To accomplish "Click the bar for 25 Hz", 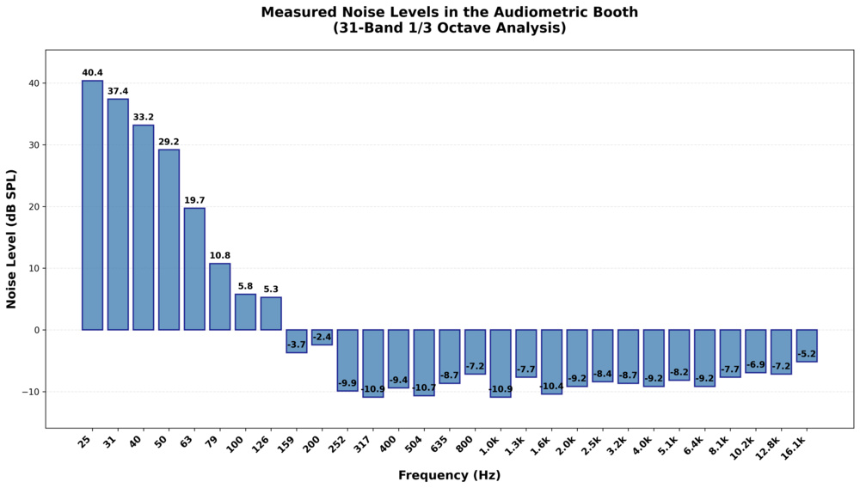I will pyautogui.click(x=92, y=205).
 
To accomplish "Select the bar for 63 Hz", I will pyautogui.click(x=194, y=269).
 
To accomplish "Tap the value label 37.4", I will pyautogui.click(x=118, y=91).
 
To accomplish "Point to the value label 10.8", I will pyautogui.click(x=219, y=255).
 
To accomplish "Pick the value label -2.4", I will pyautogui.click(x=322, y=338).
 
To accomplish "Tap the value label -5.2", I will pyautogui.click(x=807, y=354).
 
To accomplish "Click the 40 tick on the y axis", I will pyautogui.click(x=32, y=83).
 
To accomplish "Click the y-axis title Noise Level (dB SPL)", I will pyautogui.click(x=12, y=239).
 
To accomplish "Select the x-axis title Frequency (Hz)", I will pyautogui.click(x=449, y=475).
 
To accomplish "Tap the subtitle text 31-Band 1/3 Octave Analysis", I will pyautogui.click(x=449, y=28).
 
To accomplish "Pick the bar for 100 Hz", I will pyautogui.click(x=245, y=312).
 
